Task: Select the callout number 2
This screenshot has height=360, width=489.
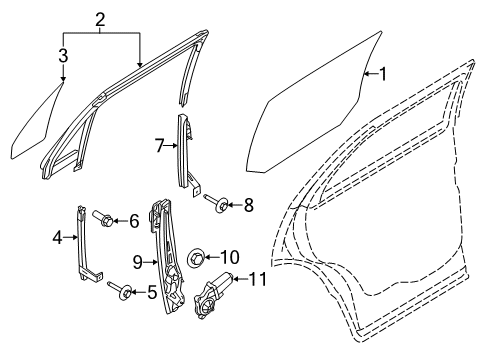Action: click(x=100, y=20)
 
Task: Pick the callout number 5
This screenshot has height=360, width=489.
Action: click(x=151, y=292)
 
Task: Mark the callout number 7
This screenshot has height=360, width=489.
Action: click(x=159, y=146)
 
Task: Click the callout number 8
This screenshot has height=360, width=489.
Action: click(x=249, y=205)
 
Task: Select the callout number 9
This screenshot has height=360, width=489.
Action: click(x=138, y=263)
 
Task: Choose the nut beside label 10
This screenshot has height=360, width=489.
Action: click(x=195, y=259)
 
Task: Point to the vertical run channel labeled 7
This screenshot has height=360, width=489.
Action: click(x=185, y=150)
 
